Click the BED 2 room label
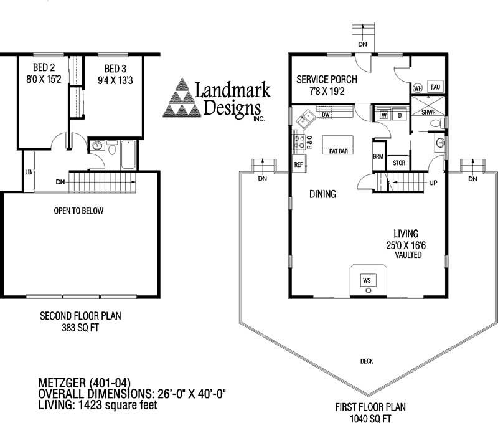click(x=39, y=69)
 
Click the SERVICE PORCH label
click(x=327, y=80)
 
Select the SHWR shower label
click(x=428, y=113)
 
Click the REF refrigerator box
click(x=298, y=165)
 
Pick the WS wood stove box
click(x=367, y=280)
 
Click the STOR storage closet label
click(x=398, y=164)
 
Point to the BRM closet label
click(x=378, y=157)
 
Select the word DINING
click(x=322, y=195)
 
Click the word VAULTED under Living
click(x=408, y=256)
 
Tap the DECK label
click(x=367, y=361)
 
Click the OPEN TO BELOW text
click(x=79, y=211)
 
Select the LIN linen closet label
click(x=29, y=171)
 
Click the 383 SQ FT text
click(x=80, y=326)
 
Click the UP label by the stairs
click(x=433, y=183)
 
